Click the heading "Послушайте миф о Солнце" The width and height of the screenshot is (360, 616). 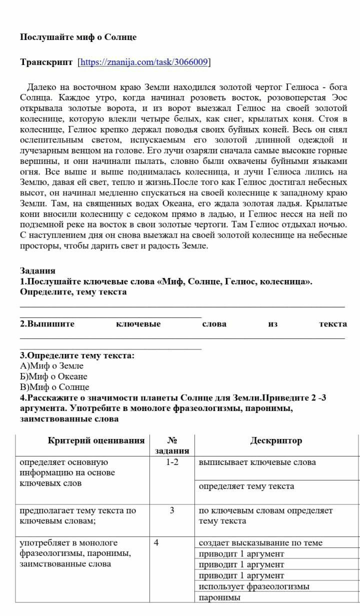pyautogui.click(x=78, y=37)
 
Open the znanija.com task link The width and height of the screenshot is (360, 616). pyautogui.click(x=144, y=62)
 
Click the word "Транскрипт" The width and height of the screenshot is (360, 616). pyautogui.click(x=46, y=62)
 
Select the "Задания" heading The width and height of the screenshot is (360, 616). pyautogui.click(x=37, y=270)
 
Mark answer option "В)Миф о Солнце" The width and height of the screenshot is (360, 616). pyautogui.click(x=54, y=387)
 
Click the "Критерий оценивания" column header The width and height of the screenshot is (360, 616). pyautogui.click(x=96, y=440)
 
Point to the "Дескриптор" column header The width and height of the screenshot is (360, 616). pyautogui.click(x=276, y=440)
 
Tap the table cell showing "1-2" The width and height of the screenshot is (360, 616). pyautogui.click(x=172, y=462)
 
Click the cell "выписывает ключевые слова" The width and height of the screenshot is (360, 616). pyautogui.click(x=257, y=462)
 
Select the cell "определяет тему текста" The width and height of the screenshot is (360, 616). pyautogui.click(x=246, y=486)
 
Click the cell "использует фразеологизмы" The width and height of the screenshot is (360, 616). pyautogui.click(x=253, y=586)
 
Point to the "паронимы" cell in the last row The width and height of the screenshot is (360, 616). pyautogui.click(x=219, y=597)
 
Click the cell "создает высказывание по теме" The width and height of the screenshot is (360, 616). pyautogui.click(x=260, y=542)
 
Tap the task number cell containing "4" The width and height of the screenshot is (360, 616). pyautogui.click(x=156, y=542)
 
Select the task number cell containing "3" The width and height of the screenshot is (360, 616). pyautogui.click(x=172, y=510)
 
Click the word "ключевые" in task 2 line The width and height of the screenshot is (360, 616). pyautogui.click(x=138, y=324)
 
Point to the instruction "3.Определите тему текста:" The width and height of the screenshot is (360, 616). pyautogui.click(x=77, y=355)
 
